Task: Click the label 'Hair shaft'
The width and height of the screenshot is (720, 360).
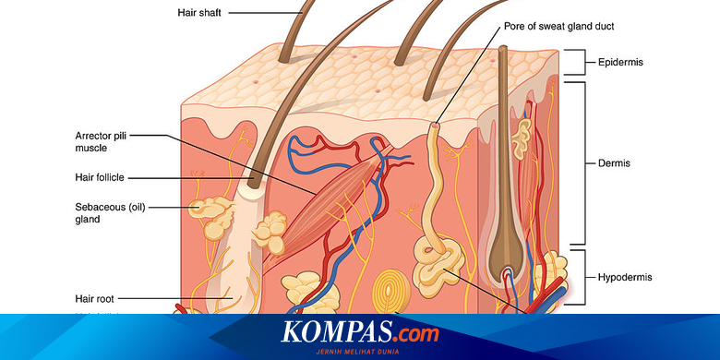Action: click(201, 13)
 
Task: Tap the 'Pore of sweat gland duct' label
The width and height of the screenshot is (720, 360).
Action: click(558, 26)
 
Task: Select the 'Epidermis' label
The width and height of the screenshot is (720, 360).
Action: click(620, 62)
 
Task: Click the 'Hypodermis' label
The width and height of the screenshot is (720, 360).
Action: click(625, 275)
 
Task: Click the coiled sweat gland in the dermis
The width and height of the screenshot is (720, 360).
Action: click(434, 258)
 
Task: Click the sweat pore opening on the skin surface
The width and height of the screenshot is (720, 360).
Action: click(435, 123)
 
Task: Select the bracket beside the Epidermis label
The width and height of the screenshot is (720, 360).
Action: click(580, 62)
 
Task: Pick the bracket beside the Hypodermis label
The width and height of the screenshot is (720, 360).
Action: click(580, 275)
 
